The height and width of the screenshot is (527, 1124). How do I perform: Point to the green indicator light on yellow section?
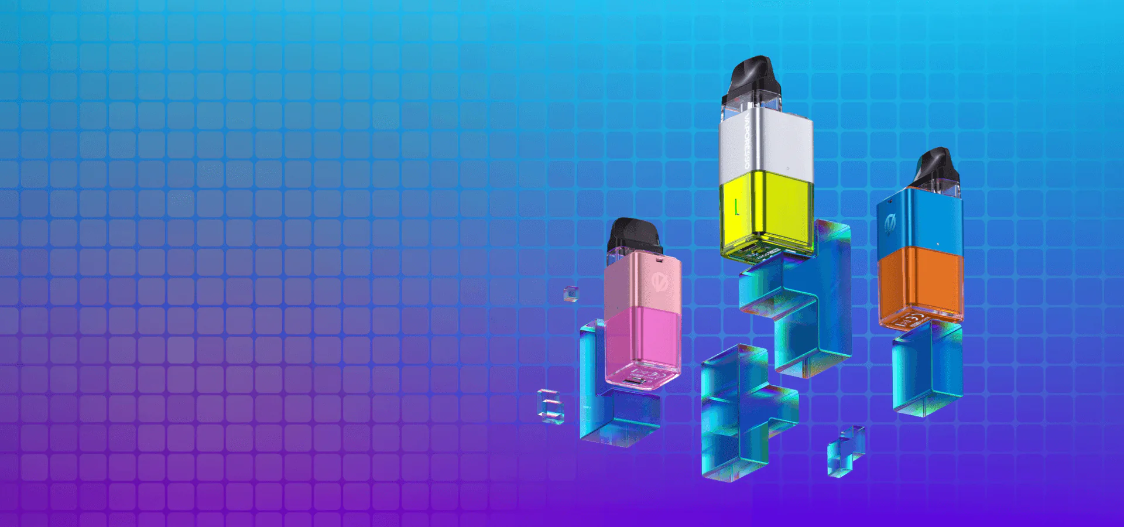tap(736, 207)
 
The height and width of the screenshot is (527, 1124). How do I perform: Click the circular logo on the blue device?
tap(891, 224)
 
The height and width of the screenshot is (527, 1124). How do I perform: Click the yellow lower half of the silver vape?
tap(767, 211)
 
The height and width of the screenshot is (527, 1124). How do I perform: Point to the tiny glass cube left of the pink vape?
tap(571, 294)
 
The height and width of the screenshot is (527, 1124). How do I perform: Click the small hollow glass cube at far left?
tap(551, 406)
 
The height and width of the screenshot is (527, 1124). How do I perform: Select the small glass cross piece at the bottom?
tap(845, 451)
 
